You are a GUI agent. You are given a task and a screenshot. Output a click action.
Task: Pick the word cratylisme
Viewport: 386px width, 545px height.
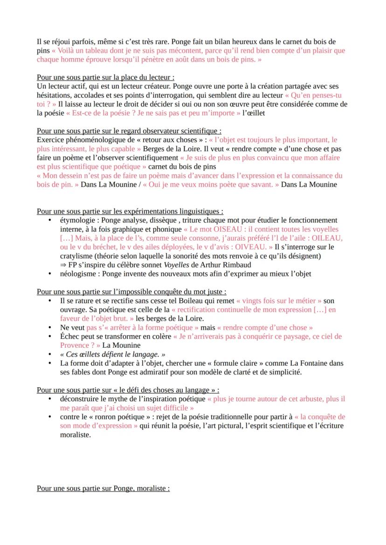[x=76, y=256]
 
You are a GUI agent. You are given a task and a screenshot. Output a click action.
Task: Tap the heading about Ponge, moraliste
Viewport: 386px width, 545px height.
[x=103, y=489]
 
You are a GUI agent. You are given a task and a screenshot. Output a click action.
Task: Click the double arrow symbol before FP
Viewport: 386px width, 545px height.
[x=63, y=264]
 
